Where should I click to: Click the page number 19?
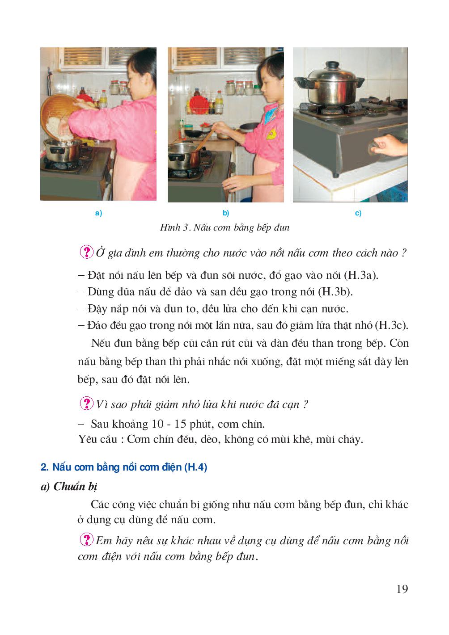click(402, 589)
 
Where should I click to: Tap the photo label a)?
click(98, 213)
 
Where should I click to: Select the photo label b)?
click(226, 213)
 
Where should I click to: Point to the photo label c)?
click(358, 213)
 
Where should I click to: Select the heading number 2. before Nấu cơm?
click(44, 468)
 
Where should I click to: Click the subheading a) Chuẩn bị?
click(69, 487)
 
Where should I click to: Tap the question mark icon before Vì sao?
click(86, 404)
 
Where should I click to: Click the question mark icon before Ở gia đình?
click(86, 252)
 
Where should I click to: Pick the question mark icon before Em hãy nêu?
click(86, 540)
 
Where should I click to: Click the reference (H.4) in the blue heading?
click(195, 468)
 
